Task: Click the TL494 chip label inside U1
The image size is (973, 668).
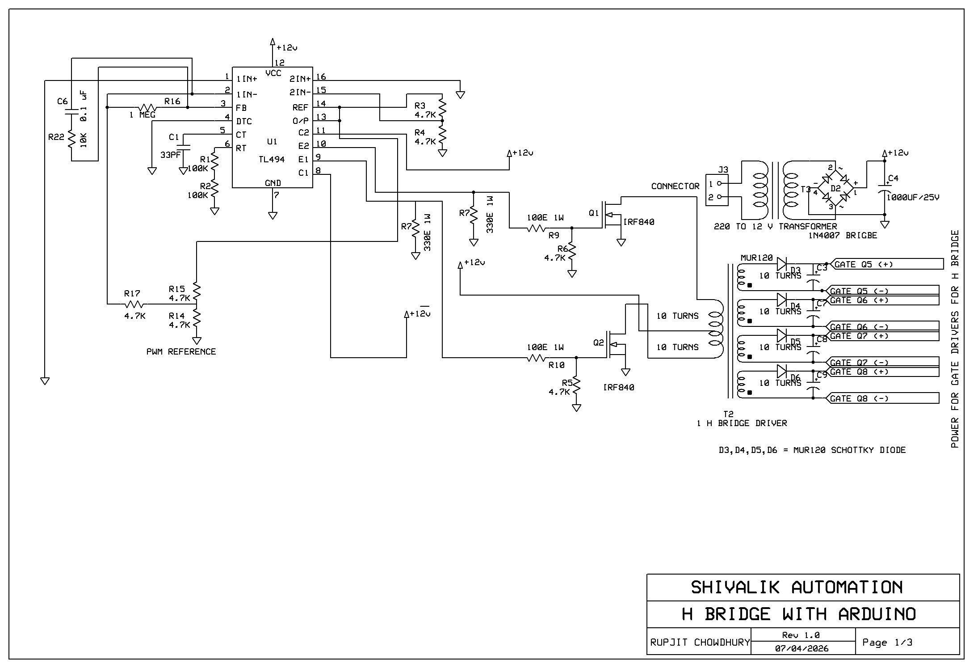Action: (x=271, y=160)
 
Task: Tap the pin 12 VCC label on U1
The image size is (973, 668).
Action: (x=273, y=73)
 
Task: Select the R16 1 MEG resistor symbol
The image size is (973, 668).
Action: (x=147, y=108)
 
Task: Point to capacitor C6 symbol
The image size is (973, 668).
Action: (x=71, y=111)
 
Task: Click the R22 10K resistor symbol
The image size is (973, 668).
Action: (x=71, y=141)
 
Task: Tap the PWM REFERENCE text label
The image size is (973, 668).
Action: (x=181, y=352)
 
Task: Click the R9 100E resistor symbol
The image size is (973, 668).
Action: (x=536, y=228)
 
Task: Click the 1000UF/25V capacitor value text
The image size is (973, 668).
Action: (x=913, y=197)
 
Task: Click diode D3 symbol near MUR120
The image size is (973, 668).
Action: (x=782, y=264)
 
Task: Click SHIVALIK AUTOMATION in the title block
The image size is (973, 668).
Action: (x=797, y=587)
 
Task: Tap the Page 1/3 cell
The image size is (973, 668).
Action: (x=887, y=643)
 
